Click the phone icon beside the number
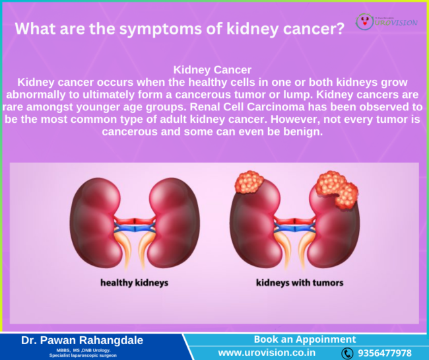coord(347,353)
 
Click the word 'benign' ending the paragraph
coord(302,131)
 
